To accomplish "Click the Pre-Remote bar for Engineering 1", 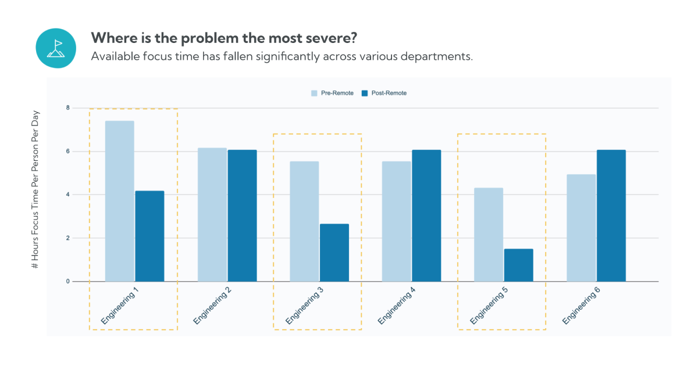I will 119,201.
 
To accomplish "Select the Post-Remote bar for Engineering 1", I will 149,236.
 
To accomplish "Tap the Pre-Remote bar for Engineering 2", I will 212,214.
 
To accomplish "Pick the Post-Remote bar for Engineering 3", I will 334,253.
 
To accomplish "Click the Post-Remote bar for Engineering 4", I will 426,215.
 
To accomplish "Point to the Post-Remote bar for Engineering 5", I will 518,265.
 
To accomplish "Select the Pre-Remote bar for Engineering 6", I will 581,228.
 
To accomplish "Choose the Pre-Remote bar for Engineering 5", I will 489,235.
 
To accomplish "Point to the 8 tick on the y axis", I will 68,108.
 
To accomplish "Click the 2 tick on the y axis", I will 68,238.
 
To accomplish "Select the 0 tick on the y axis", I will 68,282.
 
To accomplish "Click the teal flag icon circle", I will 56,48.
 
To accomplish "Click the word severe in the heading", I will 330,39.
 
